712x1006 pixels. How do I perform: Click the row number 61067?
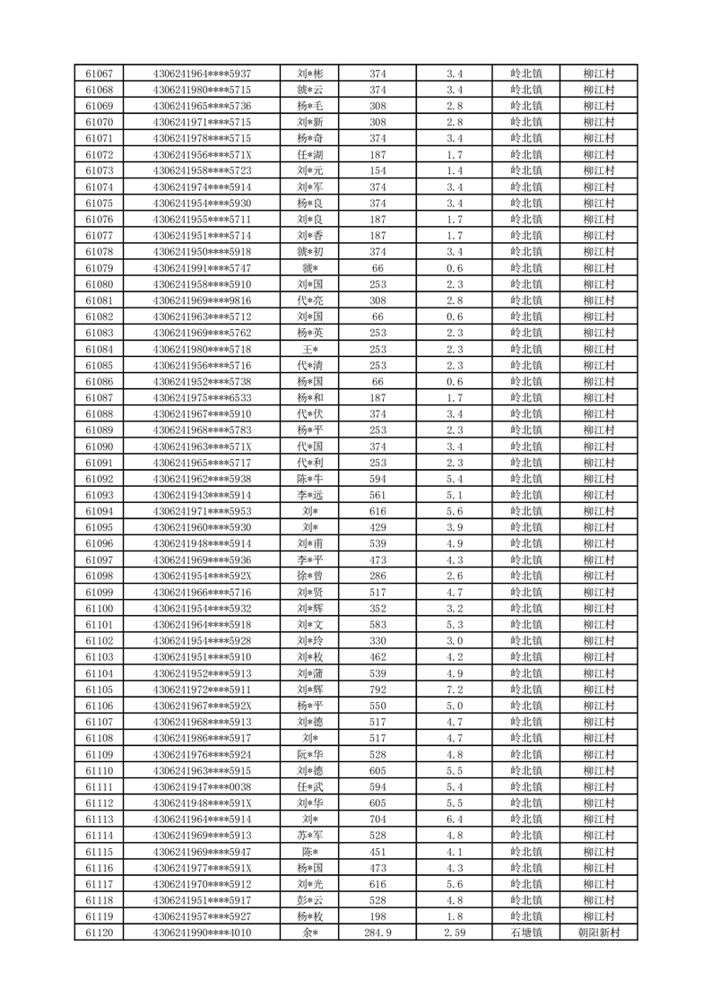[99, 74]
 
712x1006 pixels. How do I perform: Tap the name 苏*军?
[310, 836]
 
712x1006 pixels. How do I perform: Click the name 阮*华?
[310, 754]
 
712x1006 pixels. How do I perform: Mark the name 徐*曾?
[310, 576]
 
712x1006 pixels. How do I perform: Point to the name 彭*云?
[310, 900]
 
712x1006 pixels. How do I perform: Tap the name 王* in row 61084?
[310, 349]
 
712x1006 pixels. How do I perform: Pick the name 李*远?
[310, 495]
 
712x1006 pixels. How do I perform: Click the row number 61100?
[99, 609]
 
